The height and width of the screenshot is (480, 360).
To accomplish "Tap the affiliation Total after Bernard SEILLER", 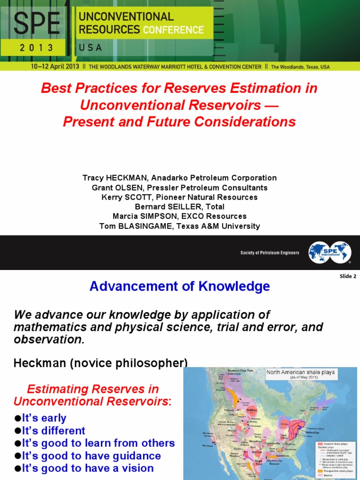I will pos(214,207).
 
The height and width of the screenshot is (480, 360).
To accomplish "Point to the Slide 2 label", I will pos(348,276).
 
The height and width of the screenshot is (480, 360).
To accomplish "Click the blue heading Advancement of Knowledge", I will pos(180,286).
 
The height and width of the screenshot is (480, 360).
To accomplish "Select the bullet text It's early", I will pos(45,418).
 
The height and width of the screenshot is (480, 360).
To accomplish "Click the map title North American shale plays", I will pos(300,372).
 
